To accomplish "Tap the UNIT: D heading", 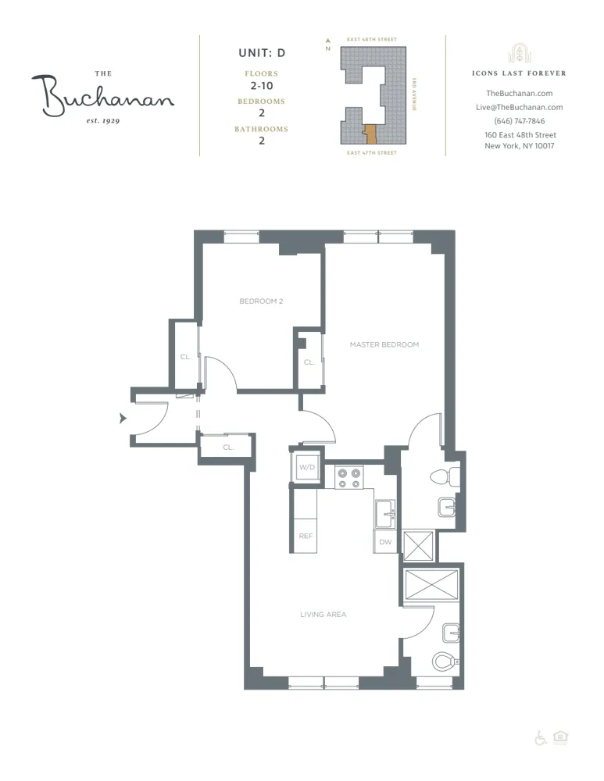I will click(x=261, y=53).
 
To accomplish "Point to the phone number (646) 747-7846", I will click(x=519, y=121).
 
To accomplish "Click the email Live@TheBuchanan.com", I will click(x=519, y=107).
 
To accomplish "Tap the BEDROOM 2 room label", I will click(x=260, y=301).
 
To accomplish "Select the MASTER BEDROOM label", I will click(x=384, y=344).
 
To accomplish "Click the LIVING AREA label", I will click(x=323, y=615).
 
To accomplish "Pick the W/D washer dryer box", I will click(x=305, y=468).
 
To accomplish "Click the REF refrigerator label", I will click(x=306, y=537).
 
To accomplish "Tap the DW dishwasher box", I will click(x=385, y=541).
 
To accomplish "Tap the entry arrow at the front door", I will click(x=122, y=419).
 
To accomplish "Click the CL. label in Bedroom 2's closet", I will click(x=186, y=357).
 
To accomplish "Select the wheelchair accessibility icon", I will click(x=540, y=738).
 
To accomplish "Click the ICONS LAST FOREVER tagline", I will click(x=519, y=73).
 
